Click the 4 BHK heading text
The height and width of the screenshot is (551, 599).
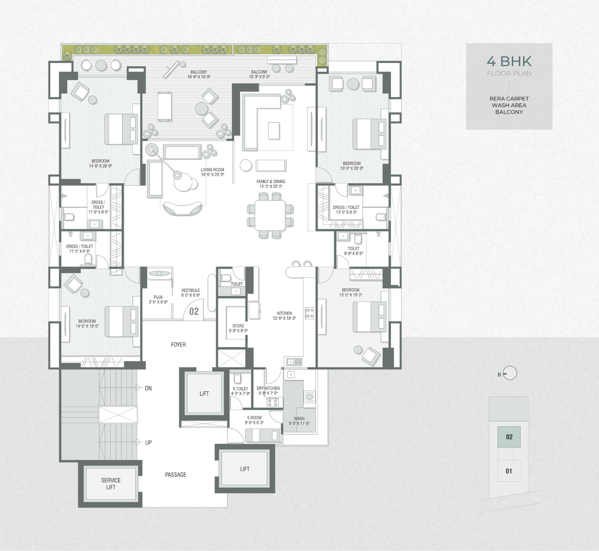click(509, 61)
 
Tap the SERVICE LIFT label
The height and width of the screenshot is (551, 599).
click(111, 484)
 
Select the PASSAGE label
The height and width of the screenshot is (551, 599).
click(176, 475)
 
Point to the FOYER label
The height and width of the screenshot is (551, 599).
click(178, 345)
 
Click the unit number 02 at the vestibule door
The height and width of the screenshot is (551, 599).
click(194, 311)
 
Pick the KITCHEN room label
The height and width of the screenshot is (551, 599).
click(284, 313)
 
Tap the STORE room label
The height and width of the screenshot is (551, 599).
click(238, 326)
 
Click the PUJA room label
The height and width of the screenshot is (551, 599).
click(158, 297)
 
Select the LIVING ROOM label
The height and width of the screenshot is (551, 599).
click(212, 170)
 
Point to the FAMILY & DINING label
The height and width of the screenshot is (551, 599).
click(271, 181)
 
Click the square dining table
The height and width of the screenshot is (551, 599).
click(270, 215)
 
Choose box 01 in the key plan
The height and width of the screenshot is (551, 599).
click(509, 471)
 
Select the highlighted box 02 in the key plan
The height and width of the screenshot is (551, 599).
click(509, 437)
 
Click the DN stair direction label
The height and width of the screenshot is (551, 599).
click(148, 388)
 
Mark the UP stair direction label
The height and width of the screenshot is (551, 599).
click(149, 442)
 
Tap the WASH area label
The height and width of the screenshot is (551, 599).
click(299, 418)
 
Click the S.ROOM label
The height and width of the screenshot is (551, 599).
click(254, 418)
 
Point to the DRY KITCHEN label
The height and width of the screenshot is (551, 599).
click(268, 388)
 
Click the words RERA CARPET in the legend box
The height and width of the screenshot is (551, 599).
click(509, 99)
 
